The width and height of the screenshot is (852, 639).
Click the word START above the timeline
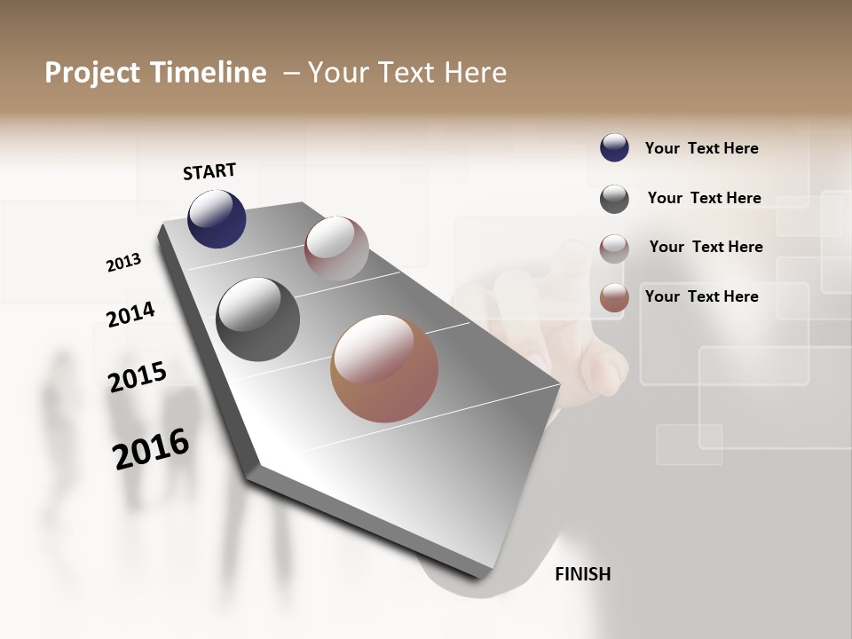(209, 170)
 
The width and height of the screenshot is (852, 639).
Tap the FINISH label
(582, 574)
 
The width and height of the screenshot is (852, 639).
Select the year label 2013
(123, 263)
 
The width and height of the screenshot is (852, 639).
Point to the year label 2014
(130, 314)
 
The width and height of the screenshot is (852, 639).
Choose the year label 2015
(138, 376)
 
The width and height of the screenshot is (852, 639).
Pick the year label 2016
(151, 449)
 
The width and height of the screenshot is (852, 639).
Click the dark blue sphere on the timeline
(217, 219)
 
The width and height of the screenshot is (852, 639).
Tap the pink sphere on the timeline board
(336, 248)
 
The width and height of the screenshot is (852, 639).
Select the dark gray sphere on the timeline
(258, 319)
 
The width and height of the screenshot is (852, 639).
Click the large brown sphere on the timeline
(384, 368)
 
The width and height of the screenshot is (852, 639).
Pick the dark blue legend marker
(614, 148)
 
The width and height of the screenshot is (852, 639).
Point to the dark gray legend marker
(614, 199)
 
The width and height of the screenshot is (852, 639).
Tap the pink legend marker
(614, 248)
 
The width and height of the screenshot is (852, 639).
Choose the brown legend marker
(614, 297)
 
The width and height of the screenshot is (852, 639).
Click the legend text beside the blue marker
(701, 148)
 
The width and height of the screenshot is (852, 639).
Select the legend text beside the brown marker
(701, 296)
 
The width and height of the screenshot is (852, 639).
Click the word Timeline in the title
(209, 73)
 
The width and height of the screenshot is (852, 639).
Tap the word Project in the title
(91, 73)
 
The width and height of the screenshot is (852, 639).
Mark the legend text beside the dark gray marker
(704, 198)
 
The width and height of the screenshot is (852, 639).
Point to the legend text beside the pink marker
(706, 247)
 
